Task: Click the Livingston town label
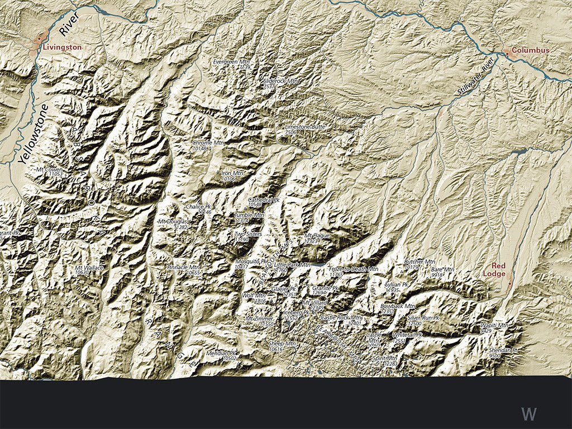pyautogui.click(x=62, y=47)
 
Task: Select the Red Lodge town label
pyautogui.click(x=498, y=270)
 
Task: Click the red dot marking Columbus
pyautogui.click(x=507, y=53)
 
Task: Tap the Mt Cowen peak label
pyautogui.click(x=49, y=169)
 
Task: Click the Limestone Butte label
pyautogui.click(x=305, y=127)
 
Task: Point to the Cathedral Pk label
pyautogui.click(x=264, y=199)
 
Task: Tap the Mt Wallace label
pyautogui.click(x=89, y=269)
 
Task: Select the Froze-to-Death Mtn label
pyautogui.click(x=353, y=269)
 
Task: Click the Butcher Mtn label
pyautogui.click(x=420, y=261)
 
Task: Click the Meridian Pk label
pyautogui.click(x=222, y=354)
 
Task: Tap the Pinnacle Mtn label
pyautogui.click(x=183, y=268)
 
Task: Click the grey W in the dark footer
pyautogui.click(x=528, y=414)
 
